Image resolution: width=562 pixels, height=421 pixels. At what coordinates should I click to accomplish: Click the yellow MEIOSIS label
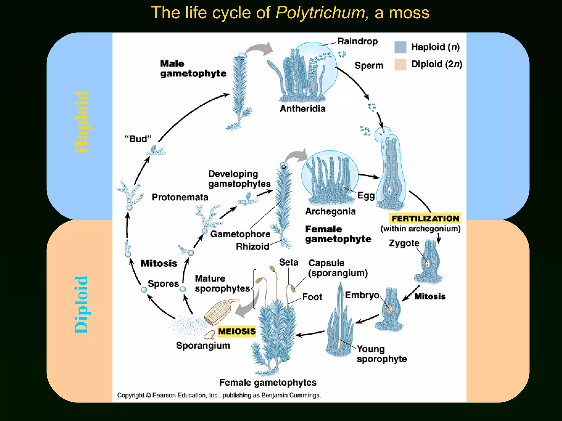237,331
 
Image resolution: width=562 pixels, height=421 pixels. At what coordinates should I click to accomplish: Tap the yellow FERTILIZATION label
425,218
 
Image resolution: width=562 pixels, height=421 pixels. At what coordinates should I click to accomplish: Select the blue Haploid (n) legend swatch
400,47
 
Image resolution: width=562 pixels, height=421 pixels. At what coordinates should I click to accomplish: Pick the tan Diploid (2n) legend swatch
400,64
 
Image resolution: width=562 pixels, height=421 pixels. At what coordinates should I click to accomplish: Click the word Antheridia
302,109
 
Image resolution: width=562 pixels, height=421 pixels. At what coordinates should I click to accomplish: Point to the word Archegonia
330,211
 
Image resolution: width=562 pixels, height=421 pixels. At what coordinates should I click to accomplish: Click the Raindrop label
357,41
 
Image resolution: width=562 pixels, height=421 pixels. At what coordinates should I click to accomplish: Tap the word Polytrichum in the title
322,13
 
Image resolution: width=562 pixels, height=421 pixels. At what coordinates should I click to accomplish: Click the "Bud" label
138,139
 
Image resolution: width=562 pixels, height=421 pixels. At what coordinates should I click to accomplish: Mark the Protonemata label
180,197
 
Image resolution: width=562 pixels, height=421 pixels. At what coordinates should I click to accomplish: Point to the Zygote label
404,243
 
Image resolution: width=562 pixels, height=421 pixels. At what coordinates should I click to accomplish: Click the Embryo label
362,295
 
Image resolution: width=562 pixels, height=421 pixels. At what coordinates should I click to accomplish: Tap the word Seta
288,262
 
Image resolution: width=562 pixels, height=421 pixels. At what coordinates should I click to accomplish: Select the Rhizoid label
252,247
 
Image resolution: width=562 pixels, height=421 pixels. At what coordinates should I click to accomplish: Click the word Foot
312,297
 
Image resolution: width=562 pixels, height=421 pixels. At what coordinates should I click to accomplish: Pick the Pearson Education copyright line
219,395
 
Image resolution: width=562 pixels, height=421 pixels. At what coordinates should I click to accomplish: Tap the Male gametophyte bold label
193,69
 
